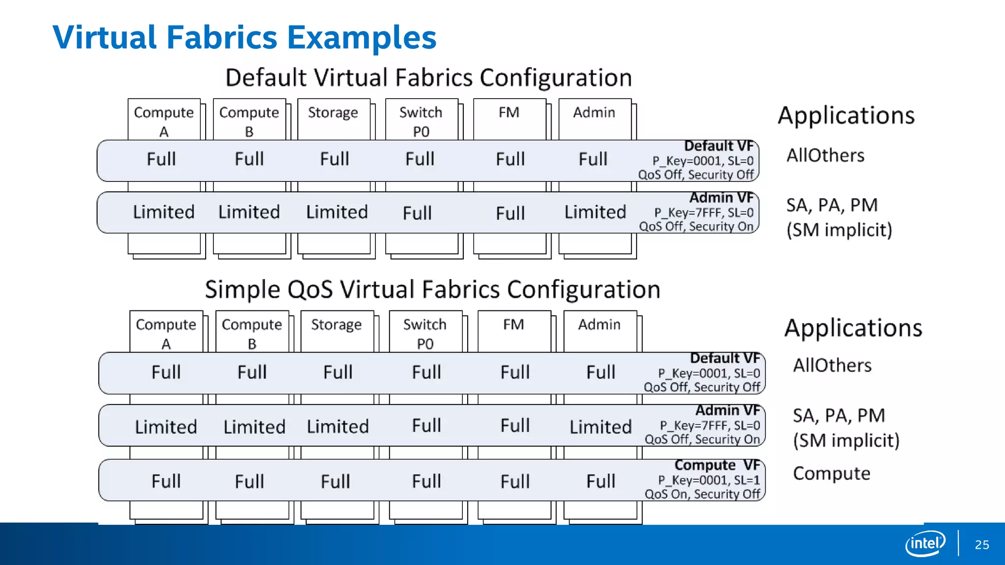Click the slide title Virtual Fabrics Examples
point(244,37)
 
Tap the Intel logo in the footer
point(925,543)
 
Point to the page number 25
point(982,545)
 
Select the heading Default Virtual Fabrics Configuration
point(428,77)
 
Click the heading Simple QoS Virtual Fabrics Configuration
point(432,289)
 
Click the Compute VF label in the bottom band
point(717,464)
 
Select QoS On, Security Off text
point(702,494)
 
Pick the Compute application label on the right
point(831,473)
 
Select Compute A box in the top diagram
point(164,121)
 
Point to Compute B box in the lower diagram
point(252,333)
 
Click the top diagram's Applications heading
point(846,116)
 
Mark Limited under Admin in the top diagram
point(595,212)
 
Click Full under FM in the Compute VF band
point(515,481)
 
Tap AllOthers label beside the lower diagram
point(832,365)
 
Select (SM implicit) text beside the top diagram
point(839,230)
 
